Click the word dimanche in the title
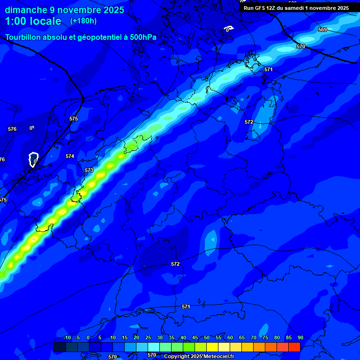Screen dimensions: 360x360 coord(26,10)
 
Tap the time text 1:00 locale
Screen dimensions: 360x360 coord(33,21)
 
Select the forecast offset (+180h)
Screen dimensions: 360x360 coord(83,21)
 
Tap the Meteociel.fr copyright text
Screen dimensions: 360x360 coord(199,356)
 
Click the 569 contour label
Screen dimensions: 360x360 coord(322,30)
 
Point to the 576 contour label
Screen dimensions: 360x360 coord(12,129)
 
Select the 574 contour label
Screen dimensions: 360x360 coord(70,156)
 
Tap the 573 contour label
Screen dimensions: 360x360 coord(89,170)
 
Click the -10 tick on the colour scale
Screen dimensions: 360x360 coord(67,337)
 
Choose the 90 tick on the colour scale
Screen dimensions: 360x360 coord(300,337)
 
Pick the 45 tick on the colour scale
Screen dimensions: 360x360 coord(195,337)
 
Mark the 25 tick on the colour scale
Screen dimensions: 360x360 coord(148,337)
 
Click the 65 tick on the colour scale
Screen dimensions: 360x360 coord(242,337)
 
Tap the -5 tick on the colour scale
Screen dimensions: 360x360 coord(78,337)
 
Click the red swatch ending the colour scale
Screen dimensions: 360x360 coord(294,347)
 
